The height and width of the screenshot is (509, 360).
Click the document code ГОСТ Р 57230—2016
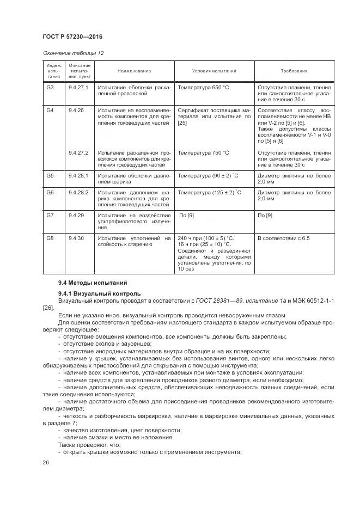tap(72, 36)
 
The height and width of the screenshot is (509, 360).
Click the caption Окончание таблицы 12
tap(72, 53)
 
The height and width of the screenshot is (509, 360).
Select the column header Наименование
tap(134, 71)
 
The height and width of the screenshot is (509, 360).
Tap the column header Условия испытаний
tap(214, 71)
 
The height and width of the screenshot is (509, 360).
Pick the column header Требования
tap(294, 71)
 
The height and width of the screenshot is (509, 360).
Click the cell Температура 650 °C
tap(203, 87)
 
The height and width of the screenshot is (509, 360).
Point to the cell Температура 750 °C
tap(203, 152)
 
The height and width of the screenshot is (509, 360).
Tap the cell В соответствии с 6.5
tap(283, 238)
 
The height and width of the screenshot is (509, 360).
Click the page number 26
tap(46, 462)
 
